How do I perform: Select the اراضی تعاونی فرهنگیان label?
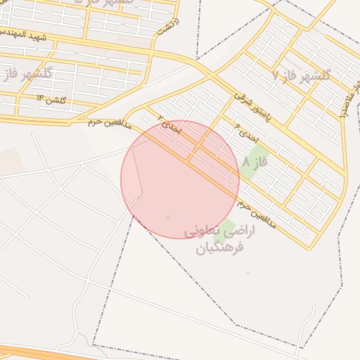219,239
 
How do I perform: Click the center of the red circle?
180,179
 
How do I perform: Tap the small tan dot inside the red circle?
168,217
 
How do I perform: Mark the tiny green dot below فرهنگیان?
247,272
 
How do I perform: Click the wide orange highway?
42,353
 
